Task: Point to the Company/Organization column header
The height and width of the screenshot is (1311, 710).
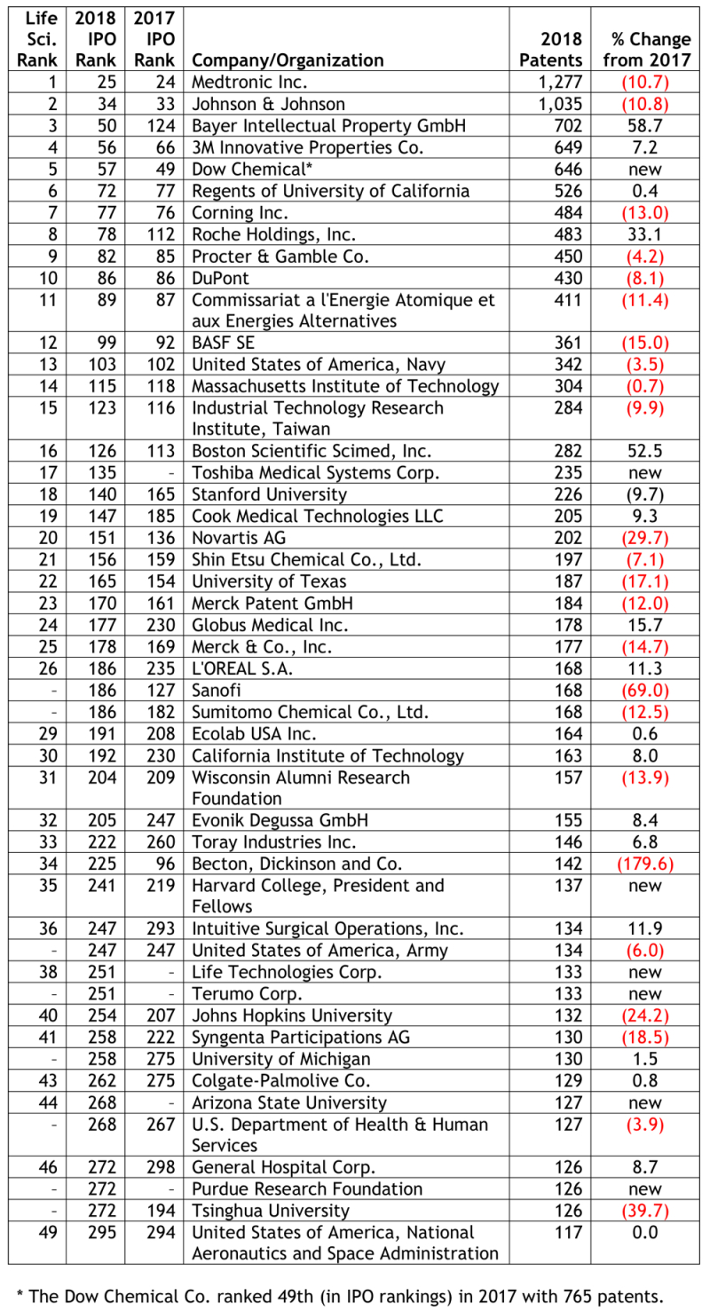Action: coord(288,60)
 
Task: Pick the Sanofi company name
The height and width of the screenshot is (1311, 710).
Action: coord(217,690)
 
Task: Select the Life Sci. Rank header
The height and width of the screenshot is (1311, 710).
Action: coord(37,39)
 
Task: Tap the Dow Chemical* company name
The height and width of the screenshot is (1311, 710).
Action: coord(247,170)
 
